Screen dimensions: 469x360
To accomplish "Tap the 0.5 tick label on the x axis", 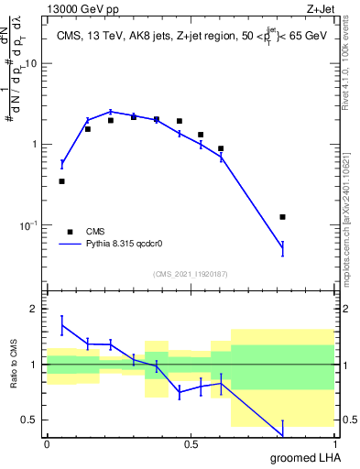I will click(191, 444).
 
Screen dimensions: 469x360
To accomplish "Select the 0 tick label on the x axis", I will click(47, 444).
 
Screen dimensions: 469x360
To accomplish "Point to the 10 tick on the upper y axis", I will click(33, 64).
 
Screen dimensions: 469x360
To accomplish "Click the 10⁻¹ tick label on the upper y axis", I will click(29, 225).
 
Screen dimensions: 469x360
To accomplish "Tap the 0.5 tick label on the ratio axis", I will click(32, 420).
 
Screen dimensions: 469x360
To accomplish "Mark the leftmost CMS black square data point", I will click(61, 181).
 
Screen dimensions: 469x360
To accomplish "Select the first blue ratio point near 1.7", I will click(61, 325).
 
